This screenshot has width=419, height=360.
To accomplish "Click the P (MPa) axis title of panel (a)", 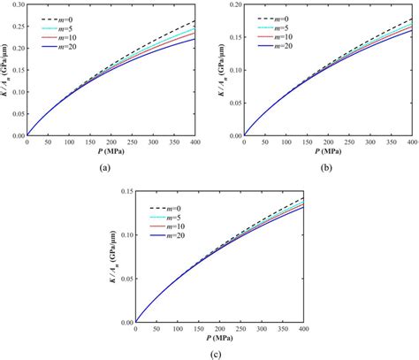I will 112,152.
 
